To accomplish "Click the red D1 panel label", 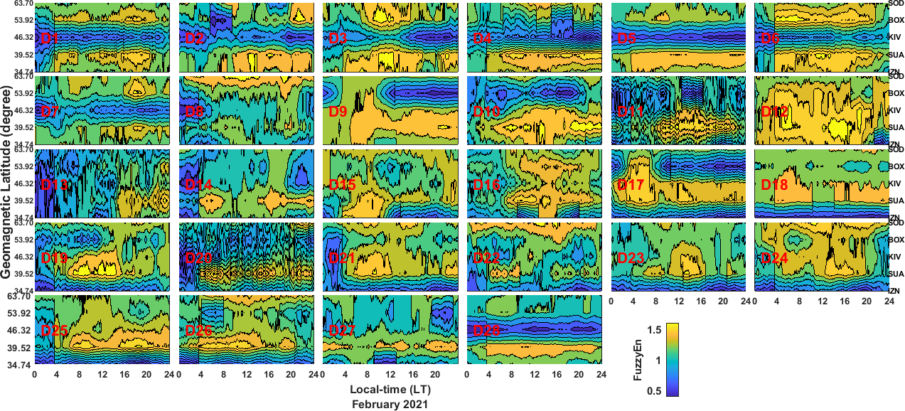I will pyautogui.click(x=50, y=38).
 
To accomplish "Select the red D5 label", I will pyautogui.click(x=626, y=38).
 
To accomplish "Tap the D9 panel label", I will pyautogui.click(x=338, y=112).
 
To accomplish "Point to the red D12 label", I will pyautogui.click(x=773, y=112).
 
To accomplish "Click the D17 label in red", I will pyautogui.click(x=630, y=185).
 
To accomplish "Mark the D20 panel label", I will pyautogui.click(x=198, y=258).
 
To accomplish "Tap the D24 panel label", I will pyautogui.click(x=773, y=258).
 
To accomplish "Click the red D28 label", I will pyautogui.click(x=486, y=331).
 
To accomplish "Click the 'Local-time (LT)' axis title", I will pyautogui.click(x=390, y=390).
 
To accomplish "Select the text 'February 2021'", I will pyautogui.click(x=390, y=404).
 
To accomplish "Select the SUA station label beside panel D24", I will pyautogui.click(x=896, y=274).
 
